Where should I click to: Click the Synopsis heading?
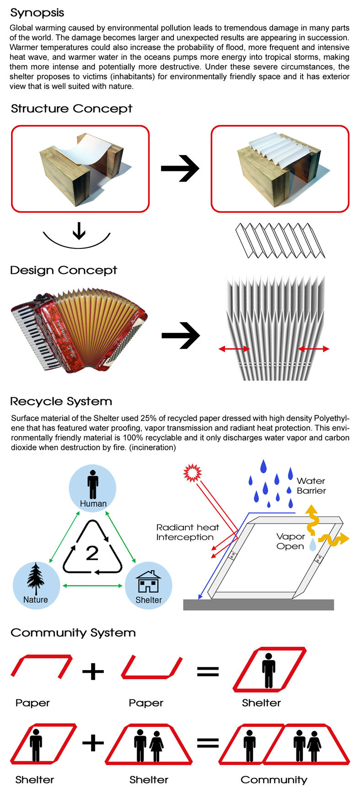(37, 13)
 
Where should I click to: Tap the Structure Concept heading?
(71, 109)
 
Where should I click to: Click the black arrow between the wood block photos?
(180, 168)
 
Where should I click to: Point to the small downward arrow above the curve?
(79, 231)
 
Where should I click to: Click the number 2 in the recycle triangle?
(92, 553)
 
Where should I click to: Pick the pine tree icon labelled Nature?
(35, 579)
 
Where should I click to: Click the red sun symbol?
(192, 473)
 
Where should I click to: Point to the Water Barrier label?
(311, 486)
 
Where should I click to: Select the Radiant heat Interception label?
(187, 532)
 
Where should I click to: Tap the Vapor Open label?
(290, 542)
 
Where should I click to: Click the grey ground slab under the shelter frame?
(258, 605)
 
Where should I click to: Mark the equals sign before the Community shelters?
(208, 743)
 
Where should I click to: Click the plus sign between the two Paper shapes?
(93, 671)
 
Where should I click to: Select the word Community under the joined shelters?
(274, 780)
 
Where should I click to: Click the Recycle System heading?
(61, 402)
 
